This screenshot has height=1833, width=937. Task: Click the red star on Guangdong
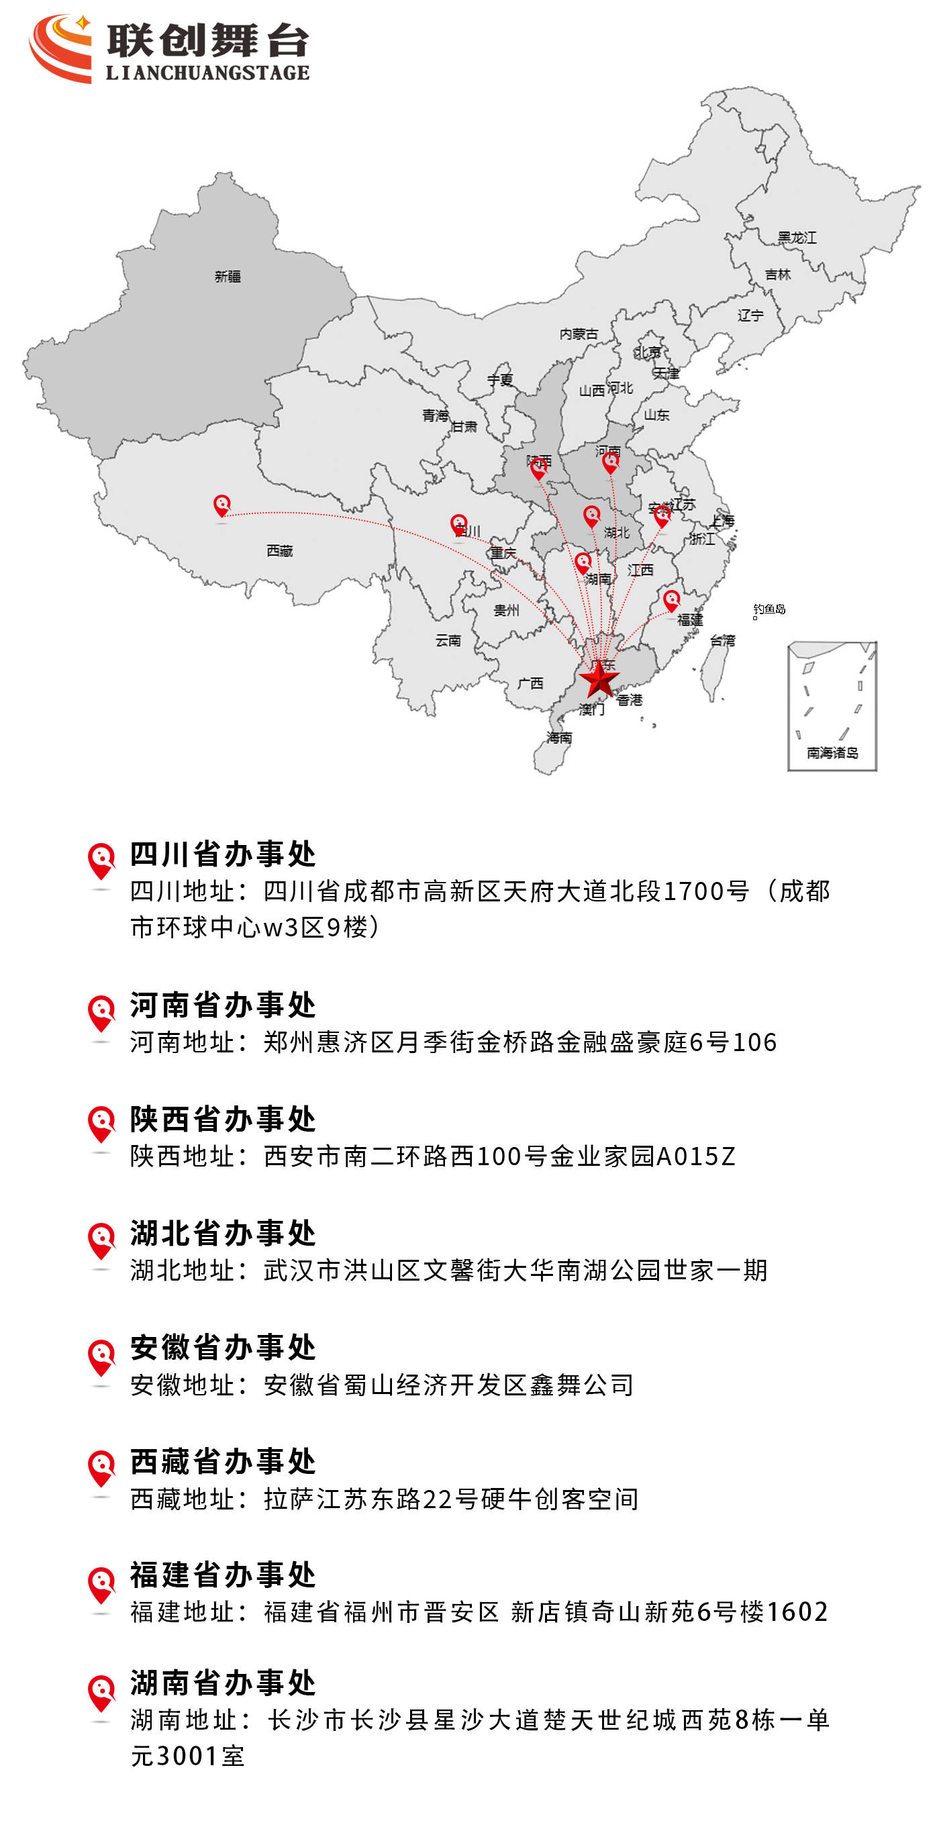pos(599,678)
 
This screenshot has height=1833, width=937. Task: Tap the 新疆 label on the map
pos(228,276)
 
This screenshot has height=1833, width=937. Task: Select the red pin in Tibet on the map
pos(222,505)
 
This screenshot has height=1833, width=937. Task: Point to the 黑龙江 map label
pos(796,238)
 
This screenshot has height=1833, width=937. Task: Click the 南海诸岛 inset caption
pos(832,752)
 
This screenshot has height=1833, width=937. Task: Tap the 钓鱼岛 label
pos(770,609)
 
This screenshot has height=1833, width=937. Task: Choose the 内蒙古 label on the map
pos(579,334)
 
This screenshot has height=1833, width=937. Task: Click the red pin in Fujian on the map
pos(671,600)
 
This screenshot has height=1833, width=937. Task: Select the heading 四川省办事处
pos(223,854)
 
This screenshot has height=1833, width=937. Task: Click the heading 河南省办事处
pos(223,1005)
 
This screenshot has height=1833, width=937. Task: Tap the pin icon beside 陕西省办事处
pos(102,1122)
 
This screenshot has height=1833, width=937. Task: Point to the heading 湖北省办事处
pos(223,1233)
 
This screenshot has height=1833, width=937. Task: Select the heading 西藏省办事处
pos(223,1462)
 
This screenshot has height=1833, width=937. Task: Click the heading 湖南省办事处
pos(223,1683)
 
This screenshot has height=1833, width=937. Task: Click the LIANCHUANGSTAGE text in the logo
pos(208,72)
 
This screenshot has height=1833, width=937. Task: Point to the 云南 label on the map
pos(448,640)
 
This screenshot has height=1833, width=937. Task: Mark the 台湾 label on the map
pos(722,640)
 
